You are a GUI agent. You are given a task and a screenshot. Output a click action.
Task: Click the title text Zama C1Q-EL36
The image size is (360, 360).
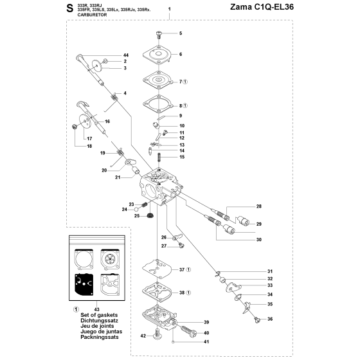pos(262,7)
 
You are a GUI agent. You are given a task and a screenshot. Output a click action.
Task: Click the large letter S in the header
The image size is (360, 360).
pos(70,8)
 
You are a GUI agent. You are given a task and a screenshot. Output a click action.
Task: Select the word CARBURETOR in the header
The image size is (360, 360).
pos(92,15)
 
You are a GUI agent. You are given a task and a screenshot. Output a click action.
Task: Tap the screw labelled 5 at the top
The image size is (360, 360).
pos(159,35)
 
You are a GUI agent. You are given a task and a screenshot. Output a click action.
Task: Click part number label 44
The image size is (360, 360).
pos(126,55)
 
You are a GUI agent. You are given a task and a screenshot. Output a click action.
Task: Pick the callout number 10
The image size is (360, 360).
pos(182,126)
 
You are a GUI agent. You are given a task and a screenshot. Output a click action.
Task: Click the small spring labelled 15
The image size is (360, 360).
pos(159,157)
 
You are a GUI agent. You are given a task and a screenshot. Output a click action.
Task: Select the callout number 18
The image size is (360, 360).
pos(89,147)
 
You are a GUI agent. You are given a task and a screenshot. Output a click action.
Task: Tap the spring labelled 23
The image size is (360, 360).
pos(144,204)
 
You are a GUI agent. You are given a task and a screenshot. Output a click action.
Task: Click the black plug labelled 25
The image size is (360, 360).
pos(150,216)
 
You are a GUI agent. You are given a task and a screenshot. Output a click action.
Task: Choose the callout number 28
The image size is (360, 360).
pos(258,206)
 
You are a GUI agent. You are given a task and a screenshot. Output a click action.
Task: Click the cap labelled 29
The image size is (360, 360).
pos(243,221)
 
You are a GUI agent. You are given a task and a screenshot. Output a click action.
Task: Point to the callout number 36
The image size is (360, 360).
pos(270,319)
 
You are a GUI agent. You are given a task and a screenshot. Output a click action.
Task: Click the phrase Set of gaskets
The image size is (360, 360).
pos(99,315)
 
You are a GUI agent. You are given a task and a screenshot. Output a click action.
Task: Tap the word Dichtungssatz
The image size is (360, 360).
pos(99,321)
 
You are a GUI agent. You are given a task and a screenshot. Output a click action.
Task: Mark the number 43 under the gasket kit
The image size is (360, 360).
pos(96,310)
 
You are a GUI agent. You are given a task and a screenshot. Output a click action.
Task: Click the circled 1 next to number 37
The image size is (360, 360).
pos(188,269)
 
